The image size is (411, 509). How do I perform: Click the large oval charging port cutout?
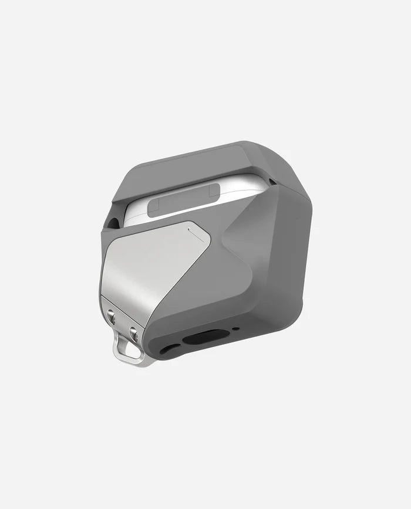point(205,337)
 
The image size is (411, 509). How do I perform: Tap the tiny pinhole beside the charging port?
point(235,329)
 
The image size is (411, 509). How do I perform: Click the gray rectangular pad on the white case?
point(183,199)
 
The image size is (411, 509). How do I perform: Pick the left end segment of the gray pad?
point(154,206)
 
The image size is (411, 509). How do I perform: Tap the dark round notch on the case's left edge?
point(114,222)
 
